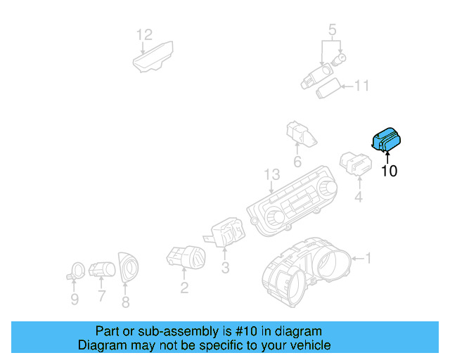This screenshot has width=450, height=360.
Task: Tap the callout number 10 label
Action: click(x=389, y=170)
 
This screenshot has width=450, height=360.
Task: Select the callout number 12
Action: click(x=143, y=34)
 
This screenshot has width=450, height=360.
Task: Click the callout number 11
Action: click(x=361, y=86)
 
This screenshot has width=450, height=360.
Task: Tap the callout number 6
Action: click(x=297, y=162)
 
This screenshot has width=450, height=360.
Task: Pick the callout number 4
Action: click(x=359, y=198)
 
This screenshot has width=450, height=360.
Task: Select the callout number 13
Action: click(x=271, y=174)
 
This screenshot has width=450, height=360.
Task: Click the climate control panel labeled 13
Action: click(x=292, y=200)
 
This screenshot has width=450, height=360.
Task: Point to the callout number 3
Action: click(x=225, y=268)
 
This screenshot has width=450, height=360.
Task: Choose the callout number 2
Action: click(x=184, y=287)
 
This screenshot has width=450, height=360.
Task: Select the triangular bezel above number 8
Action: click(x=128, y=268)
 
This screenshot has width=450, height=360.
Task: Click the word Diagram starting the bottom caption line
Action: click(x=99, y=345)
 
